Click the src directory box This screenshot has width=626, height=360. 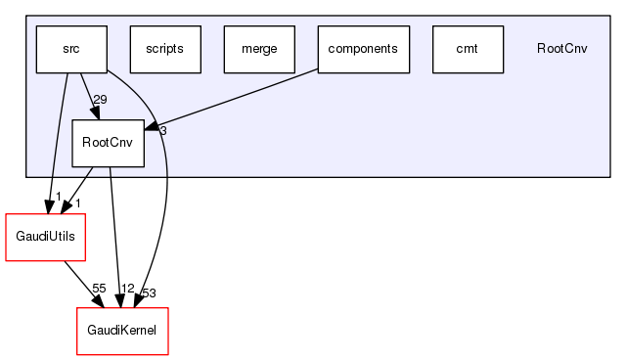coord(71,49)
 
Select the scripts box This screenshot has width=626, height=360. coord(165,49)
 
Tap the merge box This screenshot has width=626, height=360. coord(259,49)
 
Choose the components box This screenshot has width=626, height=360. coord(363,49)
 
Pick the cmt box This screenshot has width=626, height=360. coord(468,49)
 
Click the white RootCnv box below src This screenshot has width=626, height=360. coord(109,143)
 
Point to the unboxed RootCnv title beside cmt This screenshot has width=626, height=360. coord(562,49)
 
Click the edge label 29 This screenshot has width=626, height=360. coord(100,100)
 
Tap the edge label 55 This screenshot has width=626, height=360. coord(99,289)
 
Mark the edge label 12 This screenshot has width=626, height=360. coord(126,289)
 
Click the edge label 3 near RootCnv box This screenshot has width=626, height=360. coord(163,130)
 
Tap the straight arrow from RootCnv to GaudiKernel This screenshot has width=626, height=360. coord(115,235)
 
